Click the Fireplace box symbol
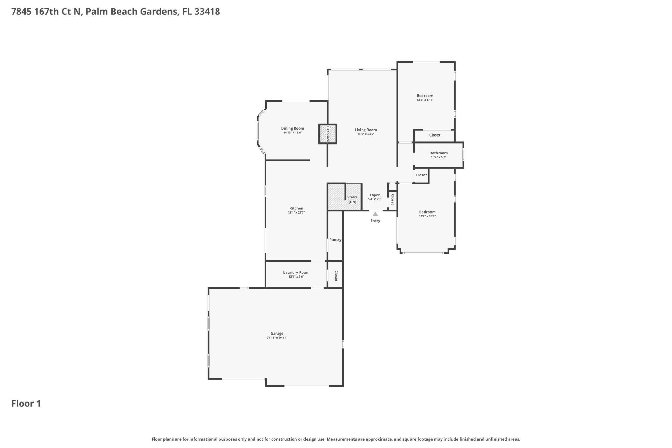328,134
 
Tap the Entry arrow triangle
375,214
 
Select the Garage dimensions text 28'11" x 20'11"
277,338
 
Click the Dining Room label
293,128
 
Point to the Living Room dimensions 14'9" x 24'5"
366,134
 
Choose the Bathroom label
439,153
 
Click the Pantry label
335,240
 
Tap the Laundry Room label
296,272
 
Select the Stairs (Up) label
352,199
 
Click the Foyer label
374,195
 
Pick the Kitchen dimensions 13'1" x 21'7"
296,212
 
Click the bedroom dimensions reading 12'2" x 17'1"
425,100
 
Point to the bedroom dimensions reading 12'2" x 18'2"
427,216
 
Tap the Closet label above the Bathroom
435,135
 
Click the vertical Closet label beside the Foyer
392,199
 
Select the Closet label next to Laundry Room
336,275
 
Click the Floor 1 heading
26,404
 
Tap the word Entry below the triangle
375,220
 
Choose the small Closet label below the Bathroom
421,175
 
